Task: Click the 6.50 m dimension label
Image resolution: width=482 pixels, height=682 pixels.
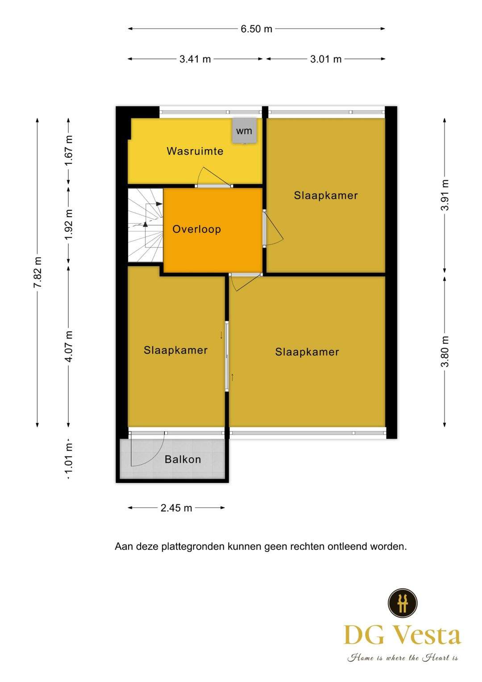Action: coord(256,29)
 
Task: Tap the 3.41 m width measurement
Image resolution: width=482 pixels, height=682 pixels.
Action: coord(195,59)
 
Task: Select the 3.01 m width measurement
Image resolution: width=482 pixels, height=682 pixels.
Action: coord(326,59)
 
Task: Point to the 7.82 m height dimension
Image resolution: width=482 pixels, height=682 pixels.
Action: coord(37,272)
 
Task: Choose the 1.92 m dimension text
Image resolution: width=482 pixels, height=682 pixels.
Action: coord(69,224)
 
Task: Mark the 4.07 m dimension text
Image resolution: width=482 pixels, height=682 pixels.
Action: coord(69,346)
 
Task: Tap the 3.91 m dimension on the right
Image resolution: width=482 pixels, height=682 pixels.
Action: coord(445,195)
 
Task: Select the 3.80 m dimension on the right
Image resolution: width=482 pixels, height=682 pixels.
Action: coord(445,351)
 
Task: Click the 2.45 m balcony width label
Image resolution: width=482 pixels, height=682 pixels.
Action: coord(176,508)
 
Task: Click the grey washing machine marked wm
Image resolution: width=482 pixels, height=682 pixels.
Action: coord(244,130)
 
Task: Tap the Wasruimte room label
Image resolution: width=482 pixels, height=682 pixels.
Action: coord(195,151)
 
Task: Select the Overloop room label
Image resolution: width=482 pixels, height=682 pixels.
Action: coord(196,229)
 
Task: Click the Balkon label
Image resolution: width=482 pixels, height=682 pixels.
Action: coord(183,459)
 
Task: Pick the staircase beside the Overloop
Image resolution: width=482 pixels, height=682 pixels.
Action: coord(145,225)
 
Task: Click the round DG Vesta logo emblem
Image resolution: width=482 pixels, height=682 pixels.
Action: coord(402,603)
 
